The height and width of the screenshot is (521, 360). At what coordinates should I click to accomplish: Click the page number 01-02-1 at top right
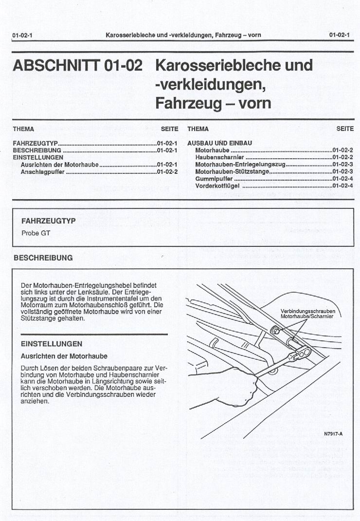pyautogui.click(x=339, y=35)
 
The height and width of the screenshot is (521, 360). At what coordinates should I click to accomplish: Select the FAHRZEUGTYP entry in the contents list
pyautogui.click(x=36, y=144)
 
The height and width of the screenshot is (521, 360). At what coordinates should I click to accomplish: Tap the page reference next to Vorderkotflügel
pyautogui.click(x=342, y=186)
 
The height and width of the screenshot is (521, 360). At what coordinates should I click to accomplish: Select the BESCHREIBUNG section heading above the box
pyautogui.click(x=43, y=258)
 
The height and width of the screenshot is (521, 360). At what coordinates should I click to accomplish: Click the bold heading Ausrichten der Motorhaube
pyautogui.click(x=64, y=356)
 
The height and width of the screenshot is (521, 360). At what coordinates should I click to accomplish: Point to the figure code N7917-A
pyautogui.click(x=333, y=434)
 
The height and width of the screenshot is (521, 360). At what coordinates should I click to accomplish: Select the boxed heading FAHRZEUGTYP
pyautogui.click(x=48, y=221)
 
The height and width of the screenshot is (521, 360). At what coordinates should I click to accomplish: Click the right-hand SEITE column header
pyautogui.click(x=345, y=129)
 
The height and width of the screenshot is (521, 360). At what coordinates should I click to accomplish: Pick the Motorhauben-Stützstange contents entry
pyautogui.click(x=232, y=172)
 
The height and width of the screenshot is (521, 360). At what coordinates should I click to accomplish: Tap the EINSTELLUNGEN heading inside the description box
pyautogui.click(x=52, y=344)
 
